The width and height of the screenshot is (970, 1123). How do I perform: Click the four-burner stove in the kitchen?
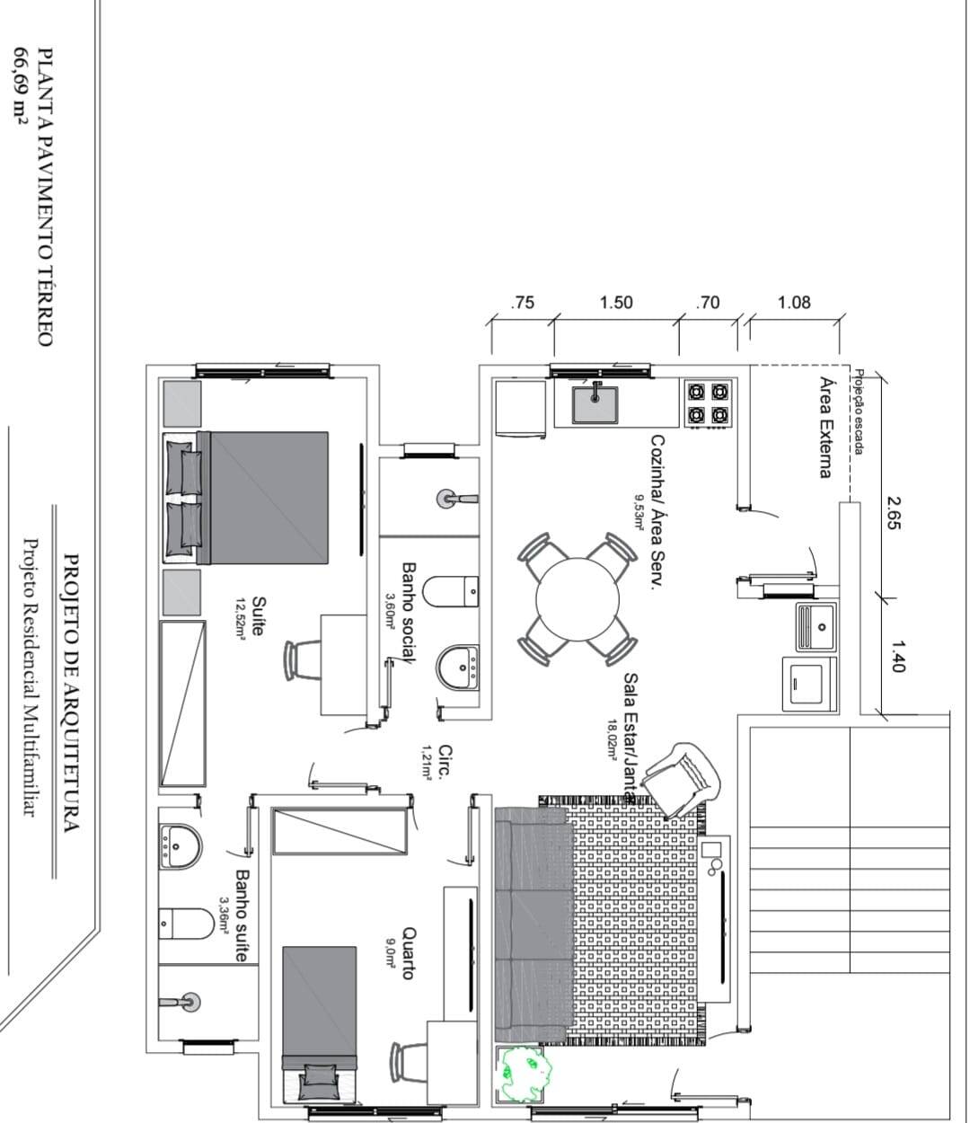pos(707,402)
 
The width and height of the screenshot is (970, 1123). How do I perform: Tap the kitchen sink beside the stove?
pos(595,402)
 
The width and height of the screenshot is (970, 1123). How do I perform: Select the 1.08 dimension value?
pos(794,302)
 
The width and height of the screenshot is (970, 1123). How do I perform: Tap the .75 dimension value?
pos(522,302)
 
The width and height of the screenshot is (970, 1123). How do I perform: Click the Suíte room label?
pos(257,616)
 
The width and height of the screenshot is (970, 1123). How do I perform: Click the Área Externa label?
pos(825,427)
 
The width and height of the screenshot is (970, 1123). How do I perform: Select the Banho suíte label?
pos(241,915)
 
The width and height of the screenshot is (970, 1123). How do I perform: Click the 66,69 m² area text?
pos(17,80)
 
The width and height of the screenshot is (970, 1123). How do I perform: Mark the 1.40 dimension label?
pos(897,656)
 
